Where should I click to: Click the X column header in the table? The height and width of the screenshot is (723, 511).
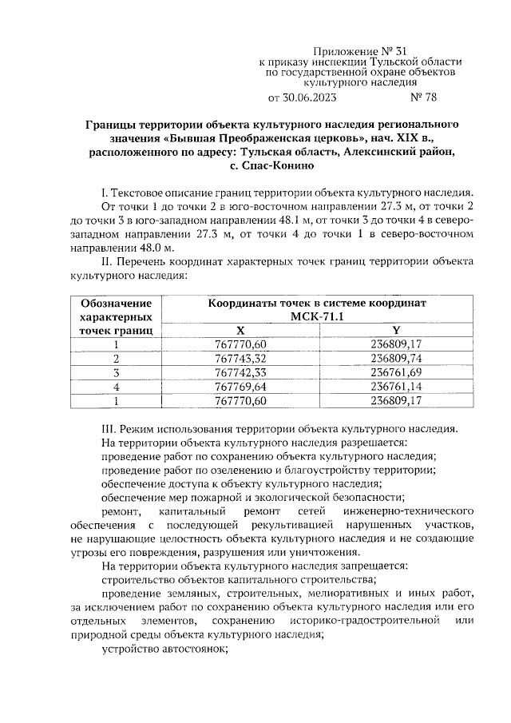(x=240, y=330)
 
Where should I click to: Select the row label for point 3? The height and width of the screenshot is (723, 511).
(x=117, y=372)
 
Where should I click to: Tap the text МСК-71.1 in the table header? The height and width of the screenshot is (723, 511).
(x=318, y=317)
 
